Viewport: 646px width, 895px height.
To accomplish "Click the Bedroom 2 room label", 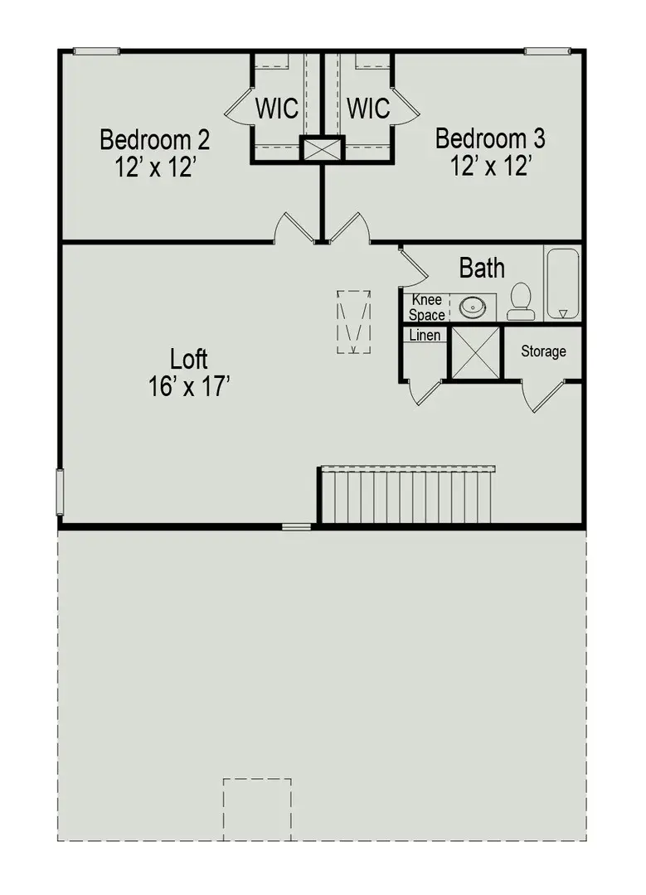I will pyautogui.click(x=155, y=139).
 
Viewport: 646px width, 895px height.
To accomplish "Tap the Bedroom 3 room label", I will pyautogui.click(x=490, y=138).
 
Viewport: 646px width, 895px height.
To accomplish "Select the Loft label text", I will pyautogui.click(x=189, y=360).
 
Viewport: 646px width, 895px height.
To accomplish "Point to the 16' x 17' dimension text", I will pyautogui.click(x=189, y=387).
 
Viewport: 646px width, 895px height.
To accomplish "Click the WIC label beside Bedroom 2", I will pyautogui.click(x=276, y=109).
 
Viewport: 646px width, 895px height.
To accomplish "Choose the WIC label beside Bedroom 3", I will pyautogui.click(x=368, y=109).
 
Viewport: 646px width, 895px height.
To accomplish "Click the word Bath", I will pyautogui.click(x=482, y=268).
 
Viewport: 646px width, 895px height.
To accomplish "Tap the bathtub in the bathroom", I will pyautogui.click(x=563, y=283).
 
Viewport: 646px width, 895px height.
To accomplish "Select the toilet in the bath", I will pyautogui.click(x=521, y=302).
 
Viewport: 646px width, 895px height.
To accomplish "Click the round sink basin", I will pyautogui.click(x=473, y=307).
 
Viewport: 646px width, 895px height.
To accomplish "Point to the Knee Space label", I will pyautogui.click(x=426, y=307).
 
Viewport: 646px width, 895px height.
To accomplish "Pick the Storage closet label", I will pyautogui.click(x=543, y=351).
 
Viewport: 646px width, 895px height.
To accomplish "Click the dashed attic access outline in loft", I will pyautogui.click(x=353, y=322).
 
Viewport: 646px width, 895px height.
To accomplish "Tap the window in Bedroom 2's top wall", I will pyautogui.click(x=96, y=51).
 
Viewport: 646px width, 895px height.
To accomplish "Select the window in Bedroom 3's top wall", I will pyautogui.click(x=547, y=51).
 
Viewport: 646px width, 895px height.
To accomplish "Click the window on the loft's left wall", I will pyautogui.click(x=60, y=492).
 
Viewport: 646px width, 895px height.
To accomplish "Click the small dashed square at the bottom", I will pyautogui.click(x=257, y=809).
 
